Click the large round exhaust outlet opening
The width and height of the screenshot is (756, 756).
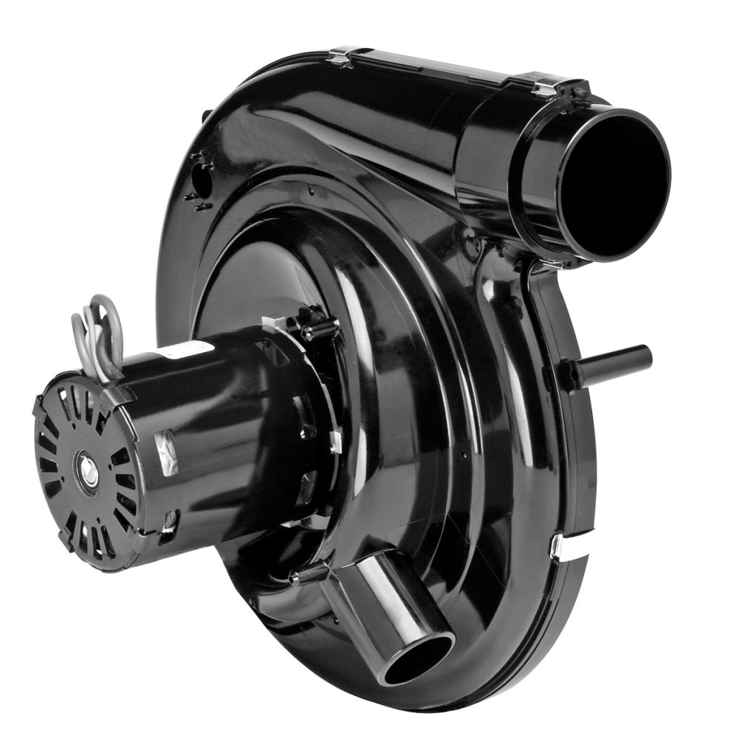613,185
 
